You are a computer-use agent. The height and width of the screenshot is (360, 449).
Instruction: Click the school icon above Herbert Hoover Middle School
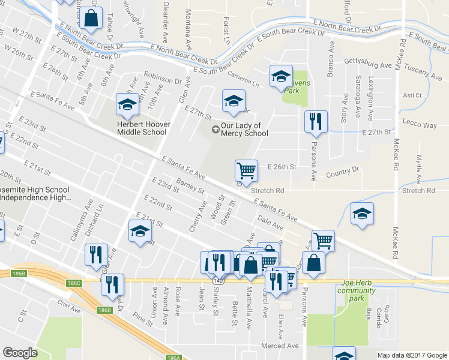(127, 106)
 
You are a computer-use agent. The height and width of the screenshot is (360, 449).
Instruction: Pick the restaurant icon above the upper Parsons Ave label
(316, 122)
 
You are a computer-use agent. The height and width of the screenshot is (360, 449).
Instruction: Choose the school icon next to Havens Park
(280, 76)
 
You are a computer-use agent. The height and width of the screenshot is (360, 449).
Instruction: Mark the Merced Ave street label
(280, 346)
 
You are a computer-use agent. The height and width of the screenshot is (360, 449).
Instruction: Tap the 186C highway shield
(74, 283)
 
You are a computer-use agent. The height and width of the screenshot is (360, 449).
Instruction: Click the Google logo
(20, 353)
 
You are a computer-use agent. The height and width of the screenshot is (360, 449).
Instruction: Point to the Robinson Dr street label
(162, 79)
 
